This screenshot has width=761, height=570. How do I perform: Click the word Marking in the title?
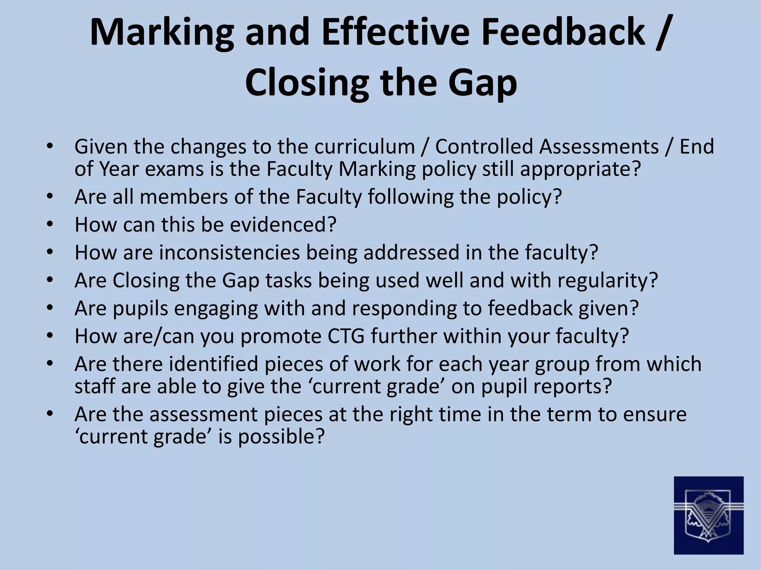tap(161, 33)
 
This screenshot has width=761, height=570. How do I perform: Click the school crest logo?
tap(709, 515)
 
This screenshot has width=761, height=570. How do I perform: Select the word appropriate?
tap(580, 169)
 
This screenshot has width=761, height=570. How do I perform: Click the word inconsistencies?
tap(229, 252)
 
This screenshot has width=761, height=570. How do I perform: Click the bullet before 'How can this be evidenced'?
tap(51, 224)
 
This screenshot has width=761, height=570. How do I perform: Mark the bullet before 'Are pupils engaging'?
tap(51, 308)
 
